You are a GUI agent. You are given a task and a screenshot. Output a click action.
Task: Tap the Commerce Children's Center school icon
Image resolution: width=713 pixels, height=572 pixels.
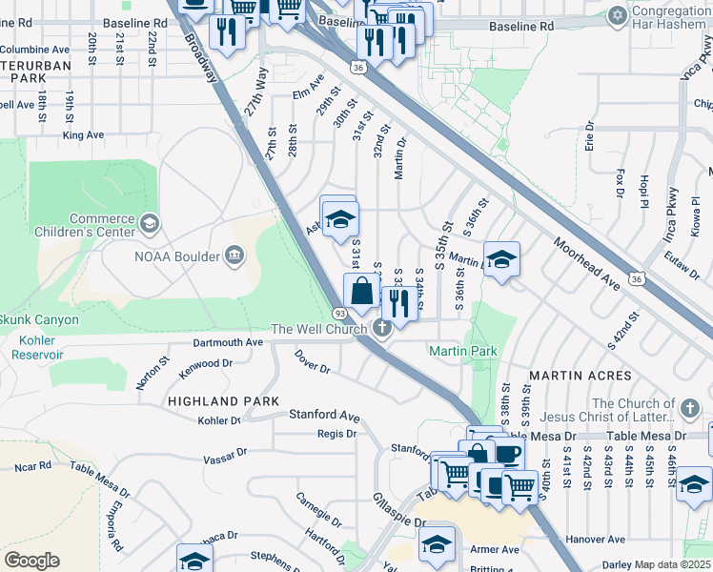point(149,223)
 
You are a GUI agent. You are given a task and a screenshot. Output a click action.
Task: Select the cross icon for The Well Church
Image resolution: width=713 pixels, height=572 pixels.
point(381,329)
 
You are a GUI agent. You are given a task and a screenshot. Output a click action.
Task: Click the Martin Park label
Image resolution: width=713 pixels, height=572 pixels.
point(463,352)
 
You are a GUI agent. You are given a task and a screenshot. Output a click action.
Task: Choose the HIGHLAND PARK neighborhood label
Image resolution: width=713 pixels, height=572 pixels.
point(222,401)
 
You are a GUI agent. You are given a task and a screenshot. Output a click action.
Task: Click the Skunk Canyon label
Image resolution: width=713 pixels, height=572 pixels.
point(38,319)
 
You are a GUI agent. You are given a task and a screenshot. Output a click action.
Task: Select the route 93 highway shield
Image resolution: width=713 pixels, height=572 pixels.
point(339,313)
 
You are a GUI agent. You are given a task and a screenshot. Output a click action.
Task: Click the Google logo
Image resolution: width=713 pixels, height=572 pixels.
point(31,561)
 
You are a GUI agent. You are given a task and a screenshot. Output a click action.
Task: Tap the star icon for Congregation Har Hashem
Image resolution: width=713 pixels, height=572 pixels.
point(617,16)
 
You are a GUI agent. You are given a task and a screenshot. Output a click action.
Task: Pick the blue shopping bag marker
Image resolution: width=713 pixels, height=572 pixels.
point(362,291)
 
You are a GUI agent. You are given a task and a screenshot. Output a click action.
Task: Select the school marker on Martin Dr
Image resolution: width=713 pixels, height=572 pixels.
point(500,259)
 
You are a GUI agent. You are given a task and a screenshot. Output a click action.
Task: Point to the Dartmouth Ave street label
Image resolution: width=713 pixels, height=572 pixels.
point(227,342)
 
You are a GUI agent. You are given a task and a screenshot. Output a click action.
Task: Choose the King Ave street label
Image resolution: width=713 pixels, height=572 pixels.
point(83,135)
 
